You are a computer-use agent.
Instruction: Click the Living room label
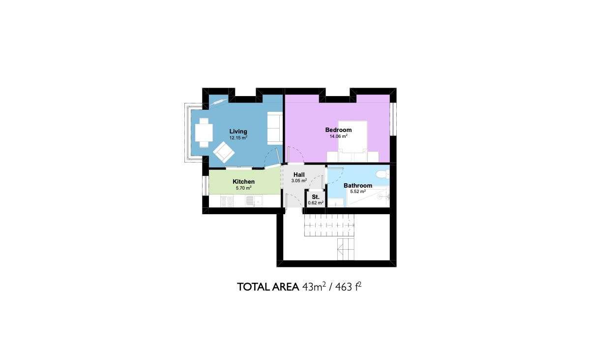(238, 131)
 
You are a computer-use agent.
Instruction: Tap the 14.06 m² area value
(338, 136)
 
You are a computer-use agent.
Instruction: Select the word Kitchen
(243, 182)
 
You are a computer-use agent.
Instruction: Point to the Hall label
(299, 175)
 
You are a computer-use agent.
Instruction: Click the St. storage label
(316, 197)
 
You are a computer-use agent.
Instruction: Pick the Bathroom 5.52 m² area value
(358, 192)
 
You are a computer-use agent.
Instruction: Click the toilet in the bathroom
(383, 174)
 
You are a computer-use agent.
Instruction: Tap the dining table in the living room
(204, 132)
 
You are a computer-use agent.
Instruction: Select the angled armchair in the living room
(224, 152)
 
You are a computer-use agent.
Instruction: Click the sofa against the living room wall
(275, 128)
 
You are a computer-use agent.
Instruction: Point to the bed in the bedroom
(353, 141)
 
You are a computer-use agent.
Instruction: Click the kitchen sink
(254, 201)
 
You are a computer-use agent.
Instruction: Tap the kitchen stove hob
(227, 201)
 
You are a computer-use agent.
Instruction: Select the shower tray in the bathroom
(368, 196)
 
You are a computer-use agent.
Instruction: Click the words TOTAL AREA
(268, 287)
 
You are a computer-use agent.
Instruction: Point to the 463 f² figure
(348, 287)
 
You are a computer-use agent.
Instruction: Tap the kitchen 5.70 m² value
(243, 188)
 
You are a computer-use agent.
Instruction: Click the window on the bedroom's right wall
(393, 119)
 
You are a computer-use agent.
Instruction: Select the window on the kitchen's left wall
(206, 186)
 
